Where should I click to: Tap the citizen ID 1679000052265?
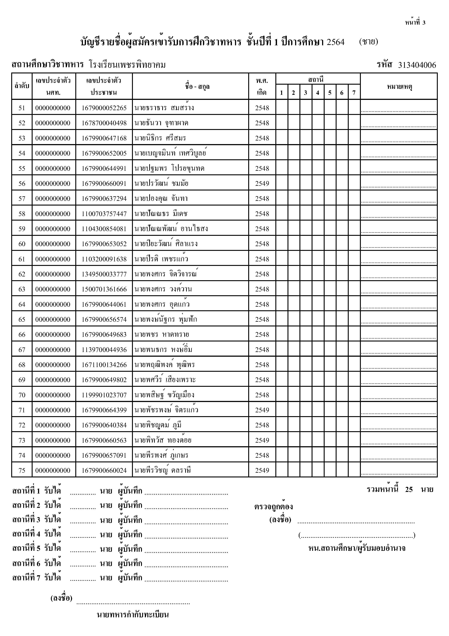tap(104, 108)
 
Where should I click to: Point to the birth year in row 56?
tap(262, 184)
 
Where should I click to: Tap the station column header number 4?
tap(318, 93)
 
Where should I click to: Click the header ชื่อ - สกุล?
tap(197, 86)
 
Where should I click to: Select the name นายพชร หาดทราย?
tap(161, 335)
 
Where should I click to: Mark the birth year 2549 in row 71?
tap(262, 410)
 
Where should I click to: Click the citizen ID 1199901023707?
tap(104, 395)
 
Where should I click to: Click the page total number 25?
tap(409, 490)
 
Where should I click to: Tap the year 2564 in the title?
tap(336, 42)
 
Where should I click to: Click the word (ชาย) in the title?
tap(368, 42)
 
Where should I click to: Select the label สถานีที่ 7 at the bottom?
tap(26, 578)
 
